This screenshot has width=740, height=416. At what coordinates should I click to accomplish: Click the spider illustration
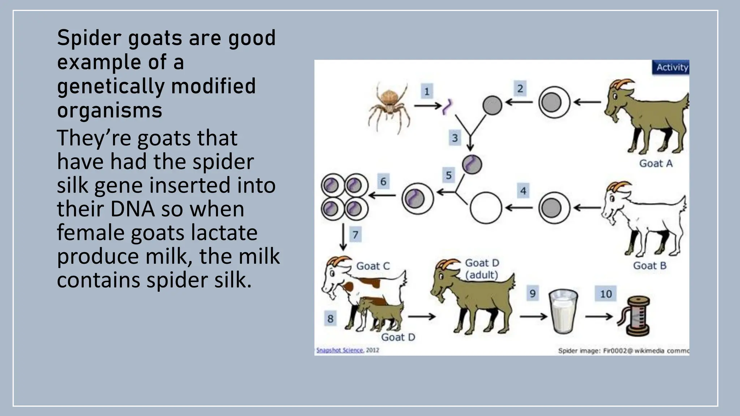tap(390, 107)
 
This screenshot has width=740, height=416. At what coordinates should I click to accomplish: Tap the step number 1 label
tap(427, 91)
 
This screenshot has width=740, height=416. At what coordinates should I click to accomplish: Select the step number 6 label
tap(383, 181)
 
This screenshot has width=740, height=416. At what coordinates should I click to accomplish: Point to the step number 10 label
tap(606, 294)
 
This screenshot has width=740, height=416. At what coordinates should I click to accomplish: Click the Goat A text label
tap(656, 164)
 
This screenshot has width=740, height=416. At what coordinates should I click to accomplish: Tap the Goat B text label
tap(650, 266)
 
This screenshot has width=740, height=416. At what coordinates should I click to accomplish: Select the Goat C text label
tap(373, 266)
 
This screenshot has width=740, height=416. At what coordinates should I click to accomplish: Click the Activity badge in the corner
tap(671, 68)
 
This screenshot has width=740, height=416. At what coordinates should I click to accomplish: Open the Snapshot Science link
tap(340, 350)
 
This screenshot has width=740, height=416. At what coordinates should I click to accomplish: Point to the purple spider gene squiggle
tap(448, 107)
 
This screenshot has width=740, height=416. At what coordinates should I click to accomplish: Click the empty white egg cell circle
tap(486, 208)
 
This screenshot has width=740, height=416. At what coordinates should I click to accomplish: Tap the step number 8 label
tap(330, 319)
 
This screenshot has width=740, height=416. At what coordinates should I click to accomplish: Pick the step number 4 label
tap(523, 191)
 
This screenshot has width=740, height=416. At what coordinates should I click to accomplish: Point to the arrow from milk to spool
tap(599, 317)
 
